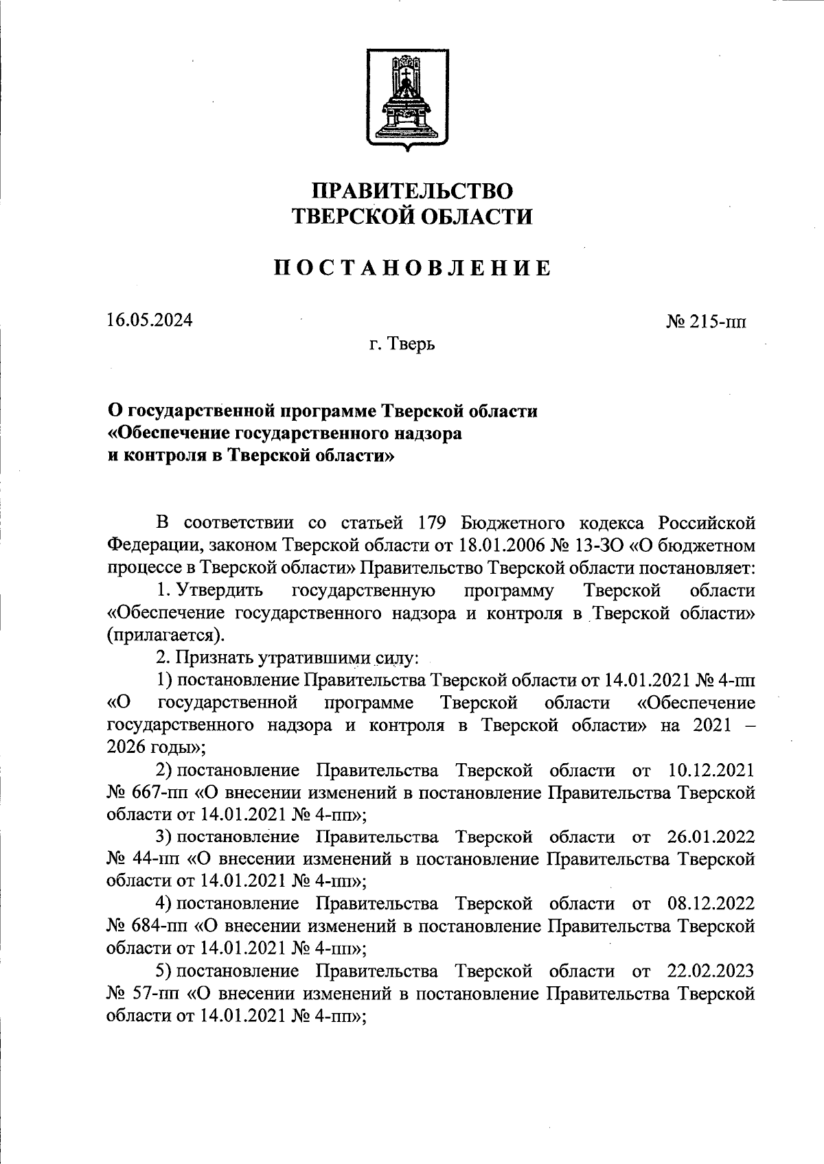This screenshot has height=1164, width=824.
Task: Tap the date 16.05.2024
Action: click(150, 321)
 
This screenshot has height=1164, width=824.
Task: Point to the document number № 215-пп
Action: click(706, 322)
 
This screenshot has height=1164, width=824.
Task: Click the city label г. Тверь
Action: click(402, 343)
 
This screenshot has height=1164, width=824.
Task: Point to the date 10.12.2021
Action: click(711, 770)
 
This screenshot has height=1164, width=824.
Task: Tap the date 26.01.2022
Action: click(711, 837)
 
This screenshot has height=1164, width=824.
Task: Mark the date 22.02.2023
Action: click(711, 972)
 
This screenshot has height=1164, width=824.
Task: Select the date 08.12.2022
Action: click(711, 905)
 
